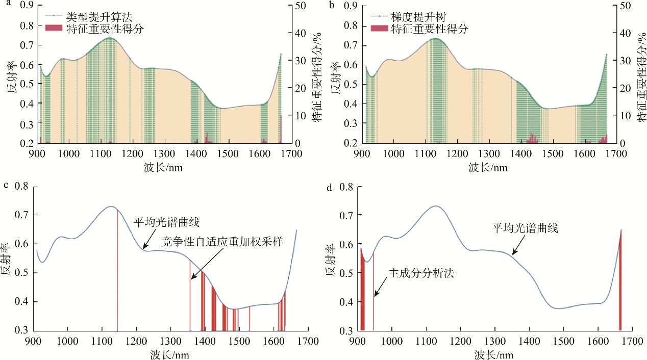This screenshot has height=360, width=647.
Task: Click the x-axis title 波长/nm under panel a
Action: click(164, 167)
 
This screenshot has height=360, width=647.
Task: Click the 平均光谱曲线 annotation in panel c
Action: click(166, 222)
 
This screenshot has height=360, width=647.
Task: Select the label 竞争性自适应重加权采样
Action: click(222, 240)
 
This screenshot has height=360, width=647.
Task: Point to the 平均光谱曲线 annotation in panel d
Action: click(525, 227)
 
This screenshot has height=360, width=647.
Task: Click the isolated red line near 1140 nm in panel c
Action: click(117, 270)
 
